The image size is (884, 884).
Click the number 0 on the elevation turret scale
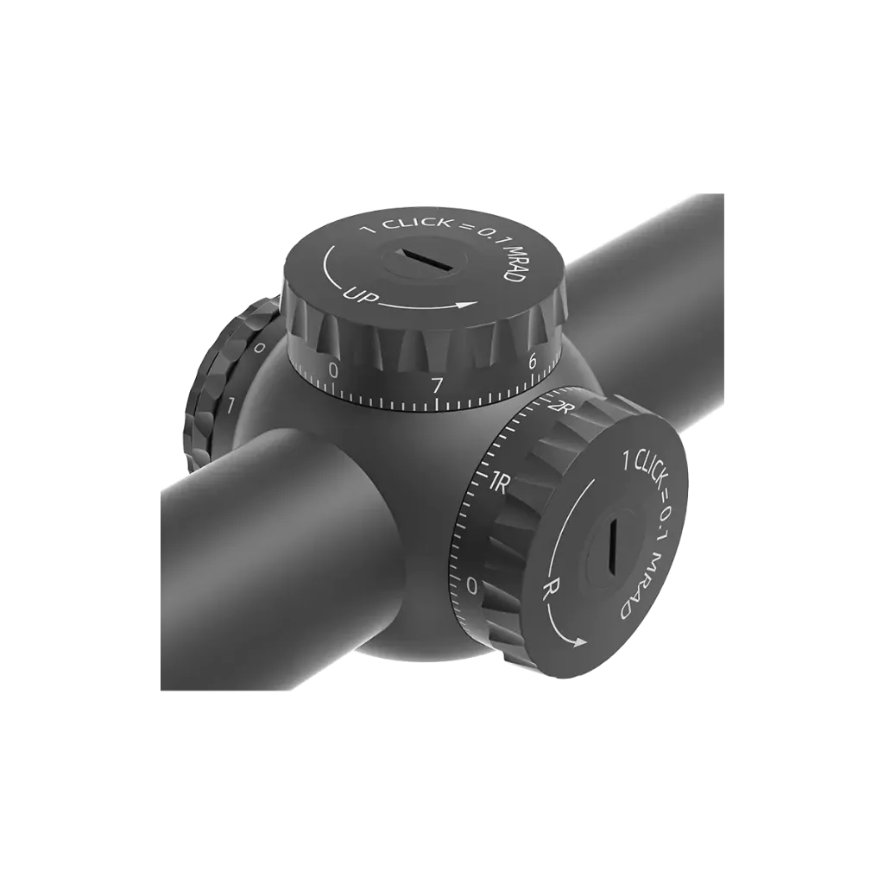[333, 370]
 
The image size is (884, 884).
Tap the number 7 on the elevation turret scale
[436, 386]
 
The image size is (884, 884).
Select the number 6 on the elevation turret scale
[532, 363]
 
